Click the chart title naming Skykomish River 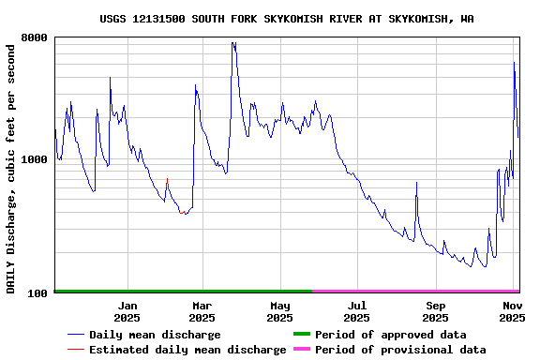pyautogui.click(x=287, y=19)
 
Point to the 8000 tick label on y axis pyautogui.click(x=35, y=38)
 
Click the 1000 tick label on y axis pyautogui.click(x=35, y=159)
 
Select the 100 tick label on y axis pyautogui.click(x=38, y=293)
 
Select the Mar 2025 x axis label pyautogui.click(x=202, y=311)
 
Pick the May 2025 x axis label pyautogui.click(x=279, y=311)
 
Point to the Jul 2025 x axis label pyautogui.click(x=356, y=311)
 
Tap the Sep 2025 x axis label pyautogui.click(x=435, y=311)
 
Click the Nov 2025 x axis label pyautogui.click(x=512, y=311)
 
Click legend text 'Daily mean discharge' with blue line pyautogui.click(x=155, y=335)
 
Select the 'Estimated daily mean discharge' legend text pyautogui.click(x=187, y=350)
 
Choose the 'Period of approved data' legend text pyautogui.click(x=390, y=335)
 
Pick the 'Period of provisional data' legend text pyautogui.click(x=400, y=350)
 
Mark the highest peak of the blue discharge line pyautogui.click(x=232, y=42)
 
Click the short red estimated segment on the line pyautogui.click(x=167, y=183)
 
